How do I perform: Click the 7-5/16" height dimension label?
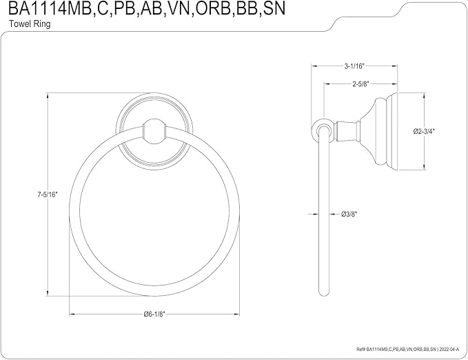point(47,194)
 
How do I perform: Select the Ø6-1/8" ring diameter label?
point(154,314)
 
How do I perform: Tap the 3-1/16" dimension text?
point(354,66)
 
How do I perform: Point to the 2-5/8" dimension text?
point(360,84)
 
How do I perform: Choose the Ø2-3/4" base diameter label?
point(424,131)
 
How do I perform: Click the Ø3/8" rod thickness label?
point(349,214)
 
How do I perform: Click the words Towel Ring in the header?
point(30,24)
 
